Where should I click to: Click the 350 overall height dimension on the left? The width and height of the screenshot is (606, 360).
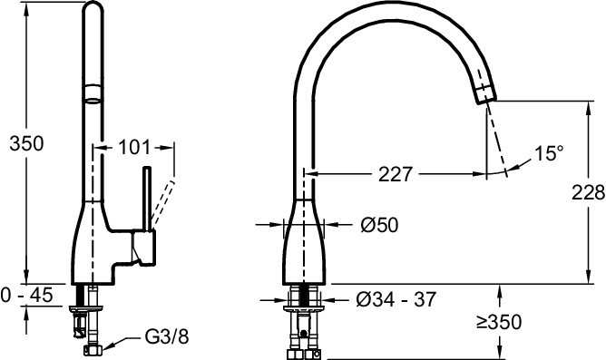26,143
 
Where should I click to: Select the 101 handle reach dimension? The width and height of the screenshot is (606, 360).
133,147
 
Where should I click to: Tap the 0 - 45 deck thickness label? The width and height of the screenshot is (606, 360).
26,296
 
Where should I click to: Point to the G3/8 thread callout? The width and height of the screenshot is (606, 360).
167,336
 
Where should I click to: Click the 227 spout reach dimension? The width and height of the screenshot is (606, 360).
396,175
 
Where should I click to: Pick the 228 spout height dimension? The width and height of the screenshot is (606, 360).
588,192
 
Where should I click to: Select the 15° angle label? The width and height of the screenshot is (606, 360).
549,153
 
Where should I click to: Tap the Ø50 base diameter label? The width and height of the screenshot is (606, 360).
379,225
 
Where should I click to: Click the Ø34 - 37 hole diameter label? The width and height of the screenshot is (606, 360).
396,299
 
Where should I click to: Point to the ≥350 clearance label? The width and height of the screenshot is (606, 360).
499,322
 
